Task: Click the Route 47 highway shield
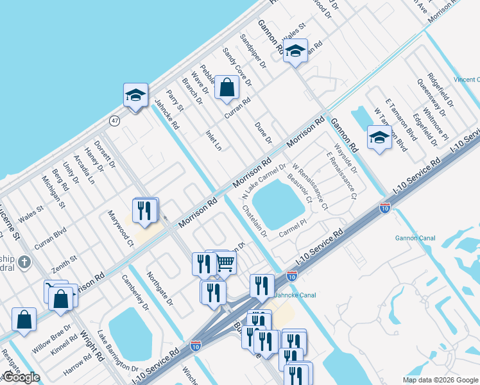(x=114, y=120)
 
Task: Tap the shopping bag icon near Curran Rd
(x=227, y=87)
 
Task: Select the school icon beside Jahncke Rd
(x=136, y=96)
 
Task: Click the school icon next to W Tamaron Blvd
(x=379, y=137)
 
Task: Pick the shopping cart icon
(x=225, y=262)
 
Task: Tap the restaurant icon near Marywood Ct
(x=146, y=210)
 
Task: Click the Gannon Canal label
(x=416, y=238)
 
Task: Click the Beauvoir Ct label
(x=300, y=189)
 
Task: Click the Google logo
(x=22, y=377)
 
